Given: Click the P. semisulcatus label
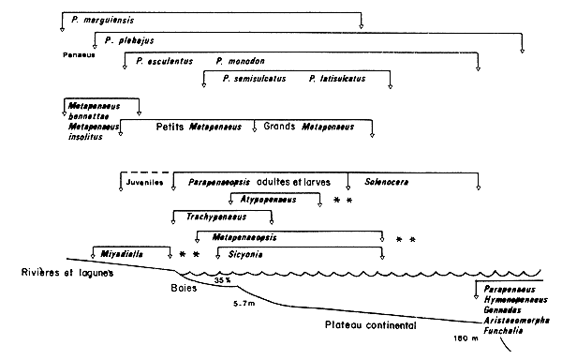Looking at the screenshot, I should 253,81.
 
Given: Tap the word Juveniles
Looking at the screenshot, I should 143,183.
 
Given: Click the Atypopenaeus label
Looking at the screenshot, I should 267,199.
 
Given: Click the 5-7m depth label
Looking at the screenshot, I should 247,304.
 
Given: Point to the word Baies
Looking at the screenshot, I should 186,287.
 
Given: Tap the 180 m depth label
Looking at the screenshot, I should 466,337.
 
